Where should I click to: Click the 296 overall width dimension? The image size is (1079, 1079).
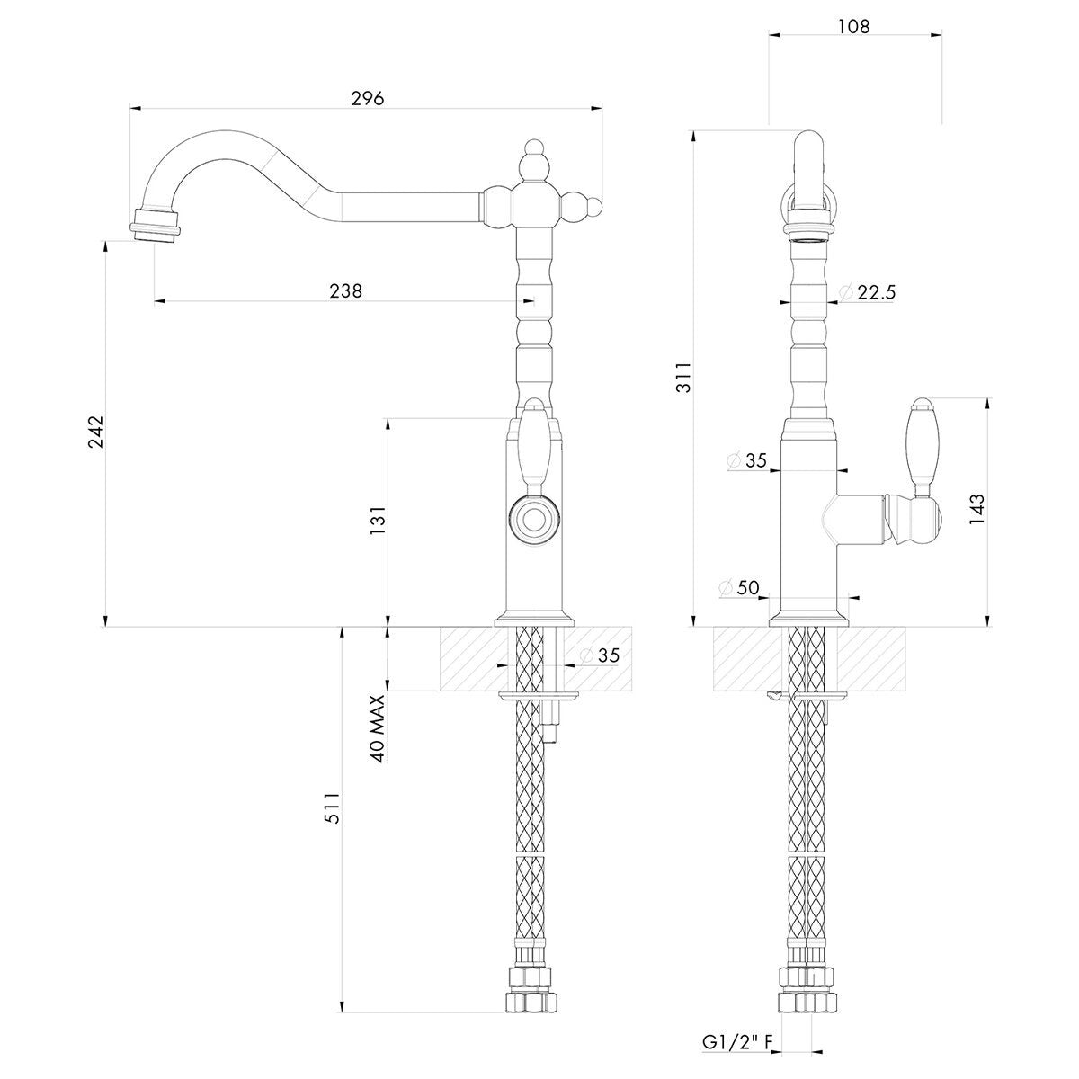click(x=368, y=99)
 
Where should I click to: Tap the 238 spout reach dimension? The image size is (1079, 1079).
click(x=345, y=291)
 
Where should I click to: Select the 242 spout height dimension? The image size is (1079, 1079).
click(x=96, y=431)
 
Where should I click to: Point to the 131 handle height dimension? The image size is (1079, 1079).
click(x=379, y=521)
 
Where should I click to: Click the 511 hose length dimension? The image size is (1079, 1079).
click(x=333, y=807)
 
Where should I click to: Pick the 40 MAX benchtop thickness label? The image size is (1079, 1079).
click(x=379, y=728)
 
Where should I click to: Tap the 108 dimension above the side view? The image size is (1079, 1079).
click(x=854, y=26)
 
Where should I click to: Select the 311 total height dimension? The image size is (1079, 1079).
click(x=684, y=378)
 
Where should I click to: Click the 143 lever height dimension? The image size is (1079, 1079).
click(x=976, y=508)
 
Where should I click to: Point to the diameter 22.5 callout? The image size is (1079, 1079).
click(x=868, y=291)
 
